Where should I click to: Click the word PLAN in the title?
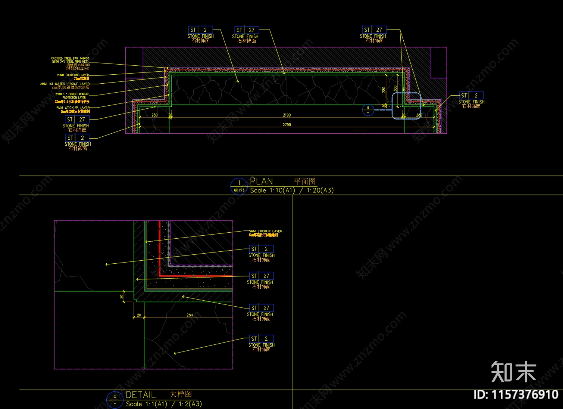261,182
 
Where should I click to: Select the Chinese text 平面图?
305,182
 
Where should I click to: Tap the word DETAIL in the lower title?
141,395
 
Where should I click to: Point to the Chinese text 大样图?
181,394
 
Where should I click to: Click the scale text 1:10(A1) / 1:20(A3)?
291,190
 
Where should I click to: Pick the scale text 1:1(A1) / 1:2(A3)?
163,404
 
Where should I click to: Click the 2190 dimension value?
287,115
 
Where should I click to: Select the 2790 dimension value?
287,125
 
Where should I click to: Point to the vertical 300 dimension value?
395,89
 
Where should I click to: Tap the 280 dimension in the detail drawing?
190,315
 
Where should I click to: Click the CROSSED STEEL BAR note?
71,60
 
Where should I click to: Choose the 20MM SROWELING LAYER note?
73,75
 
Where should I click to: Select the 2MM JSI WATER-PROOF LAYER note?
65,84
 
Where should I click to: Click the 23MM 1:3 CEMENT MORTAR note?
72,94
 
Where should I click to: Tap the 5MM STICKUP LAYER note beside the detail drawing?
266,231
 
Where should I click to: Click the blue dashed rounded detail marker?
406,106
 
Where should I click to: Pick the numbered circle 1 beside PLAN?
239,183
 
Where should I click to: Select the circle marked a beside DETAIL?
115,396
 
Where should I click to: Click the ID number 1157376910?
516,394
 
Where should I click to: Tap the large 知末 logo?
513,372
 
